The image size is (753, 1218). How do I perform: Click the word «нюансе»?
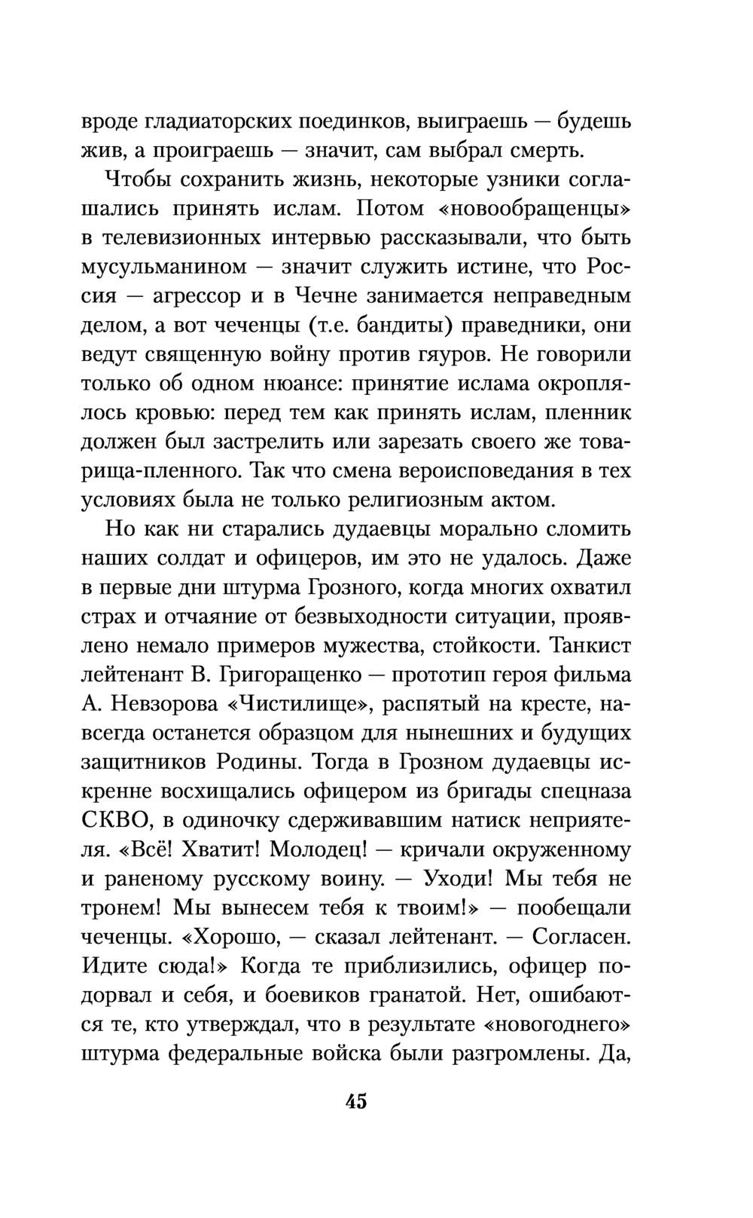(x=286, y=384)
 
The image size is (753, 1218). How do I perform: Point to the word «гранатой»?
(x=407, y=996)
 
